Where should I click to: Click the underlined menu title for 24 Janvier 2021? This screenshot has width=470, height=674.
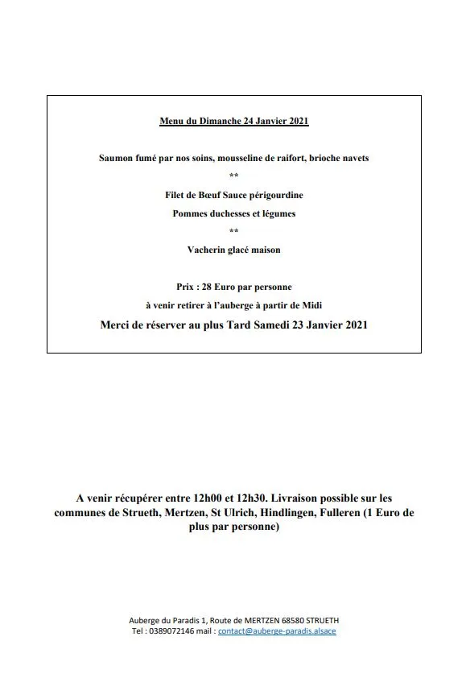click(x=234, y=122)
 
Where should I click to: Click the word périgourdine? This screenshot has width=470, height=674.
click(x=276, y=196)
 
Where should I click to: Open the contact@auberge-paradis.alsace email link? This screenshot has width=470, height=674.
click(x=277, y=631)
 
